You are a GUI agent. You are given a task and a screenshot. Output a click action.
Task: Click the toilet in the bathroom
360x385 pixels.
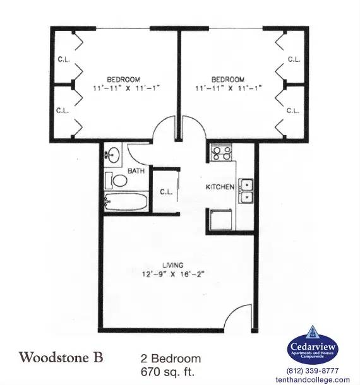tap(116, 181)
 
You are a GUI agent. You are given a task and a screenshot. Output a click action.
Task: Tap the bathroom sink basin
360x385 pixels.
tap(113, 155)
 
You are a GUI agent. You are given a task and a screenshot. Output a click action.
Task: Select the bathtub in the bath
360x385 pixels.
tap(126, 201)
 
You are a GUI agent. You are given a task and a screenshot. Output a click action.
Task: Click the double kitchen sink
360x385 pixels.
tap(246, 191)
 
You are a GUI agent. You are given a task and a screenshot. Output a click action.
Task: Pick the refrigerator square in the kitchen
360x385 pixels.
tap(220, 219)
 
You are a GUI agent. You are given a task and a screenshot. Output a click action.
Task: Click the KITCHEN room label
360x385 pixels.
tap(220, 187)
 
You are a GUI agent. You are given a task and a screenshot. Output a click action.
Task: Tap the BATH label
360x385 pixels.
tap(136, 171)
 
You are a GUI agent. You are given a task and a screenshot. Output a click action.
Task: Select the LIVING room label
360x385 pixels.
tap(173, 265)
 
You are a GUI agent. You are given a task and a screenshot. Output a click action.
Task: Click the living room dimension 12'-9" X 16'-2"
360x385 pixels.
tap(173, 274)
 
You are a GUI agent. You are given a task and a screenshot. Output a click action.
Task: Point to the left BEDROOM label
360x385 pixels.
tap(123, 80)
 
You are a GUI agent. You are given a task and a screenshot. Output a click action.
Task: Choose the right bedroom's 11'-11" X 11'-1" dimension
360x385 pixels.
tap(229, 88)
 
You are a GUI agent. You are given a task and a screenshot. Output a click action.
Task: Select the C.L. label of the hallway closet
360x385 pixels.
tap(166, 192)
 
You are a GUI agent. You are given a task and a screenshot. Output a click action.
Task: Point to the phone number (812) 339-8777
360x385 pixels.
tap(313, 370)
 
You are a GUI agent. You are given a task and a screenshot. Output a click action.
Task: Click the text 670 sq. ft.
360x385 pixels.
tap(167, 372)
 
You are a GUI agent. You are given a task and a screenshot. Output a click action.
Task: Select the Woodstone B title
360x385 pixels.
tap(61, 357)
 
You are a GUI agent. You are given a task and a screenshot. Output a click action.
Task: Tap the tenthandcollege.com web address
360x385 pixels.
tap(313, 379)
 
